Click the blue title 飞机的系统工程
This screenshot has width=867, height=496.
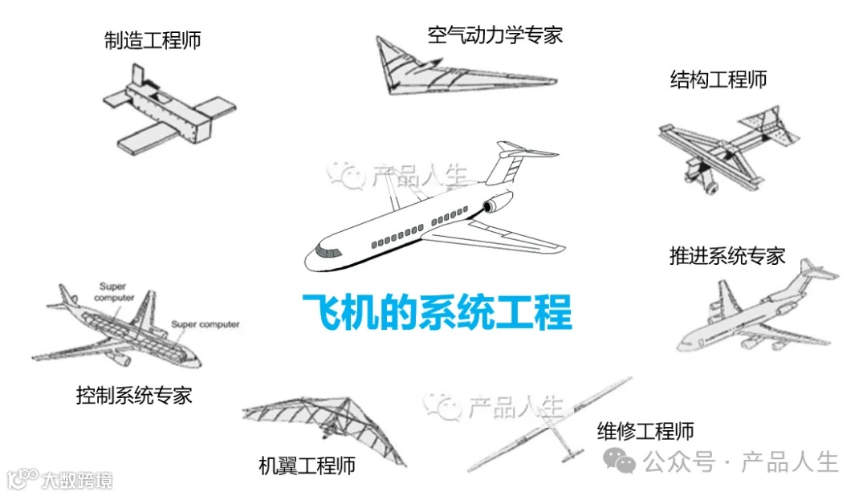437,312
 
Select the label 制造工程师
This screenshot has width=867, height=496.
153,40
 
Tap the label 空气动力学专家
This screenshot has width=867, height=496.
495,35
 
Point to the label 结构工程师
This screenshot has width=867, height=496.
718,79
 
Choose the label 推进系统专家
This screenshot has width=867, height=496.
727,256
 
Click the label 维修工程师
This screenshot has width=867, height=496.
645,431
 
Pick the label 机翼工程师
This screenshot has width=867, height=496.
307,466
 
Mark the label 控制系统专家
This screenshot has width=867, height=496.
134,395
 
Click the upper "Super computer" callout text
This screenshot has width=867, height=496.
115,291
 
